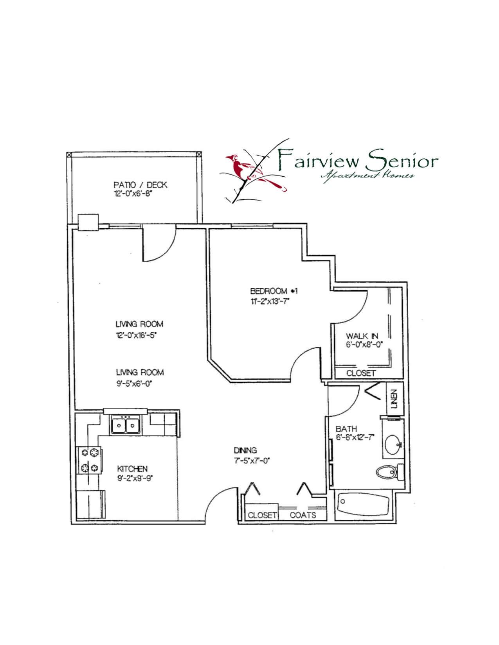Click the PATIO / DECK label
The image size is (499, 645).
pyautogui.click(x=140, y=185)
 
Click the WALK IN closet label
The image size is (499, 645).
pyautogui.click(x=362, y=336)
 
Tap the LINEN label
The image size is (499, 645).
pyautogui.click(x=395, y=399)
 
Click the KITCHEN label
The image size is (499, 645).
pyautogui.click(x=132, y=469)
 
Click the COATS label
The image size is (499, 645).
pyautogui.click(x=303, y=515)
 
